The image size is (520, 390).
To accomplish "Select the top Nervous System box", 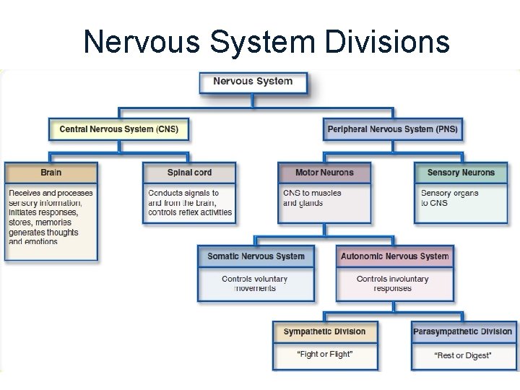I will coord(253,81).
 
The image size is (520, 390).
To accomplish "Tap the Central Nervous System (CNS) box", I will coord(118,129).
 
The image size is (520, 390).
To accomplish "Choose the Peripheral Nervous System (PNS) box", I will coord(392,129).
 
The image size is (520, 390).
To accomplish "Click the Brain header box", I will coord(51,173).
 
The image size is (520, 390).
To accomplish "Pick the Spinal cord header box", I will coord(190,173).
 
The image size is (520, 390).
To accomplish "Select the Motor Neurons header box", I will coord(324,173).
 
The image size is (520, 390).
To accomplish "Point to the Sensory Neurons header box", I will coord(461,173).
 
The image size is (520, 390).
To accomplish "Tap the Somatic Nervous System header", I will coord(256,256).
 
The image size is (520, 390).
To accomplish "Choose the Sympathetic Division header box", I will coord(324,332).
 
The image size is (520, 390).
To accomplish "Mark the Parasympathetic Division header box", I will coord(462,332).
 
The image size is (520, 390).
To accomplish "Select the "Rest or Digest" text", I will coord(462,355).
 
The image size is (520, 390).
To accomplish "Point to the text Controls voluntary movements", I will coord(255,283).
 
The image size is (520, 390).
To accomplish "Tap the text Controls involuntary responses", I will coord(392,283).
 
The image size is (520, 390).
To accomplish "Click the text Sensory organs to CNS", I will coord(449,198).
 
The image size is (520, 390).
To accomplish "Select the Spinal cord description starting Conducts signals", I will coord(189,203).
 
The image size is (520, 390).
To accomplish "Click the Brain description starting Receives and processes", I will coord(51,217).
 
